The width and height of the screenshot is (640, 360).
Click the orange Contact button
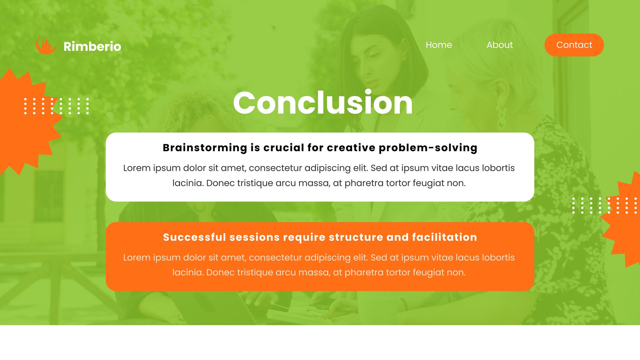[574, 45]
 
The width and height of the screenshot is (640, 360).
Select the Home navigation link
[439, 45]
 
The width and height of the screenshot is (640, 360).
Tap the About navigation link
[500, 45]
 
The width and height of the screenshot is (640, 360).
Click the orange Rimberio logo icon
[46, 46]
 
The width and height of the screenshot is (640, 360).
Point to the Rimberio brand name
[92, 46]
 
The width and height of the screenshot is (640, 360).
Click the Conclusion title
[323, 102]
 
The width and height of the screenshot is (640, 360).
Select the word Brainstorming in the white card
[205, 148]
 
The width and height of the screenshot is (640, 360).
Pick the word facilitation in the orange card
[444, 237]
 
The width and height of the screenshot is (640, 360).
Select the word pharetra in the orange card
[364, 272]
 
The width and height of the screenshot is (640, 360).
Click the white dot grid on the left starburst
[56, 106]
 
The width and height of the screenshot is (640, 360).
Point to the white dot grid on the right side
[604, 206]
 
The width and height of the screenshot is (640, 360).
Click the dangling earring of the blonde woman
[500, 117]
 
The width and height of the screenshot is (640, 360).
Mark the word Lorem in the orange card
[137, 258]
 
